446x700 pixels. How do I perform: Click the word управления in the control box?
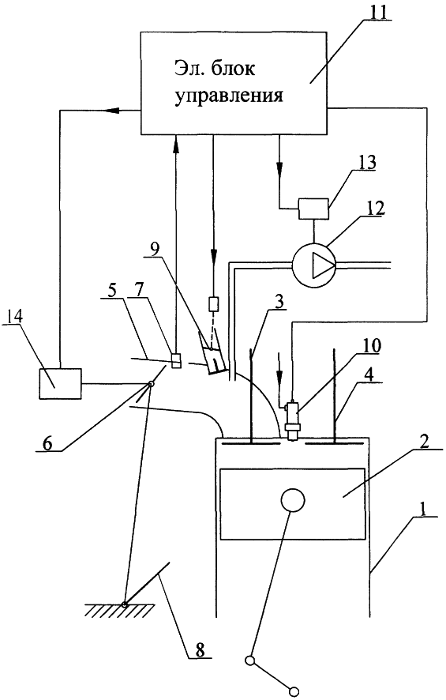[x=229, y=96]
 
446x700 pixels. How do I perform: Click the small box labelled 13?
[x=313, y=209]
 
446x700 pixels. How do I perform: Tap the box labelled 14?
[x=61, y=383]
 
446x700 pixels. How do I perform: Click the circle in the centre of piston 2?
[x=293, y=499]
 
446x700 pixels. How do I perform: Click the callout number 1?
[x=421, y=509]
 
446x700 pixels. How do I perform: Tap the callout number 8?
[x=200, y=650]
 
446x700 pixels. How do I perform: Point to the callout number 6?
[x=47, y=444]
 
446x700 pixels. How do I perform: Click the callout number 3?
[x=278, y=303]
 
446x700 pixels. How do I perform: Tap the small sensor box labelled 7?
[x=176, y=361]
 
